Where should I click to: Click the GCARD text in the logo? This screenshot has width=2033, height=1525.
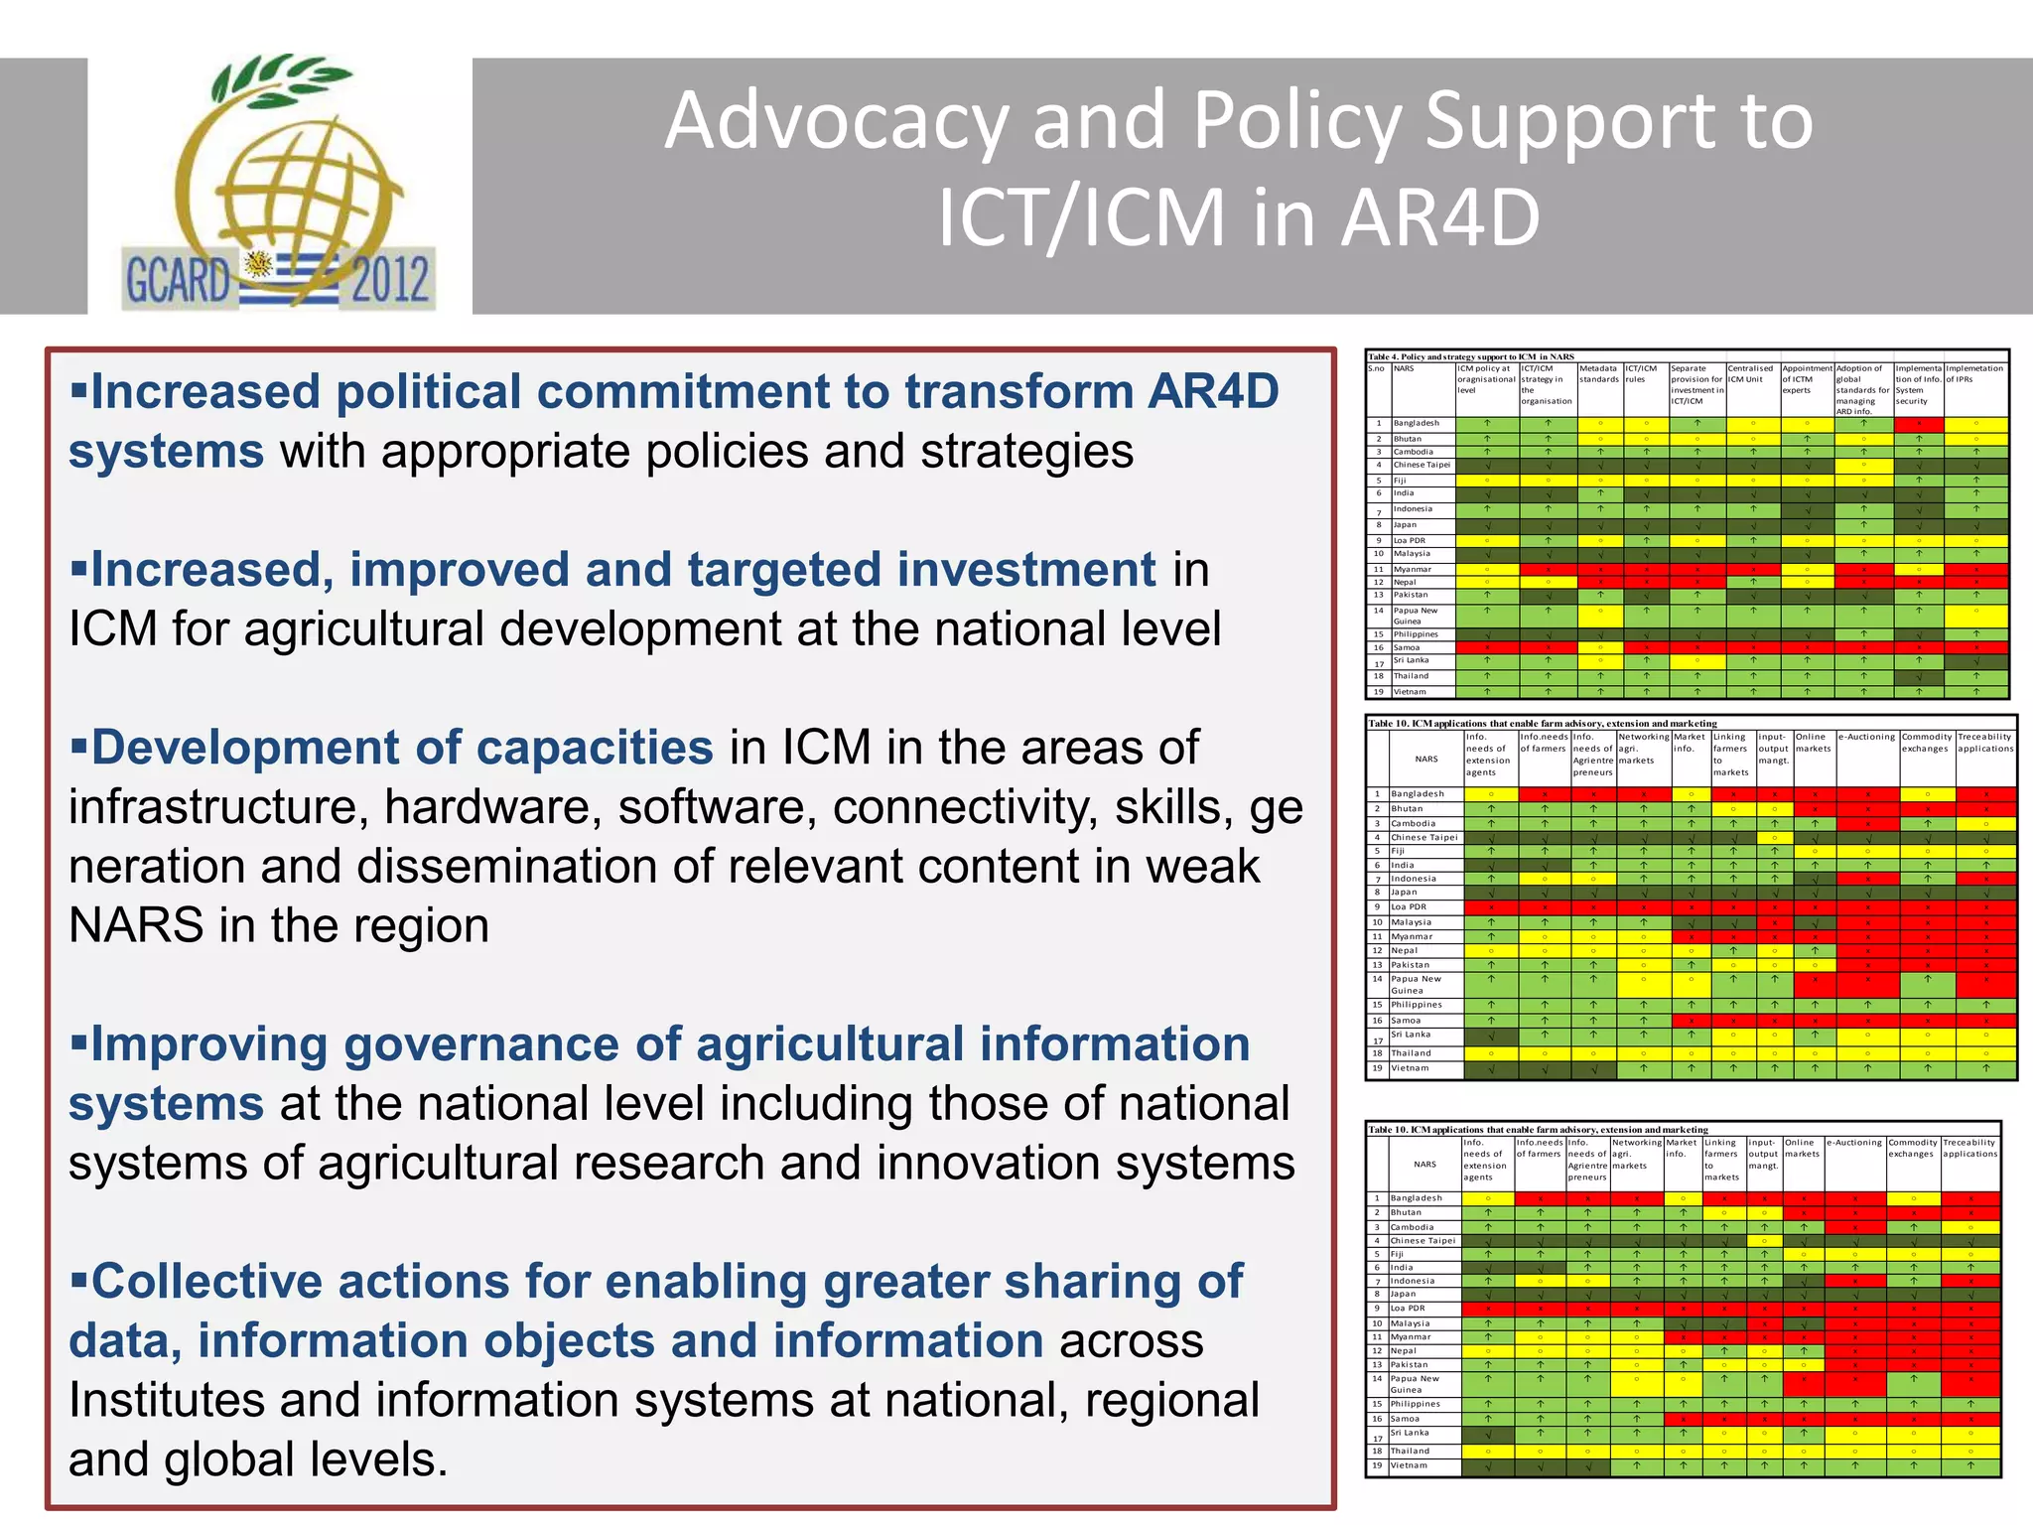coord(177,279)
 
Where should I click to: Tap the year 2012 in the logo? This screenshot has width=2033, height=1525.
coord(390,279)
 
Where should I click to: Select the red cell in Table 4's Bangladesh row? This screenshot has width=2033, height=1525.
coord(1919,424)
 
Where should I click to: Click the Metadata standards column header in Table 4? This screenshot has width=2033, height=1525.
coord(1599,373)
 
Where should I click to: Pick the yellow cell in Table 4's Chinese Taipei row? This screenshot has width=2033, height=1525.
coord(1863,465)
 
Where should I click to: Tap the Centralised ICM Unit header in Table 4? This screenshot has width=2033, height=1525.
coord(1750,373)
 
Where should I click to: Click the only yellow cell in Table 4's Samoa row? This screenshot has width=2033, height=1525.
coord(1600,647)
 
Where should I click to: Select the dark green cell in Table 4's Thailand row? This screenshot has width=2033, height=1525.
coord(1919,676)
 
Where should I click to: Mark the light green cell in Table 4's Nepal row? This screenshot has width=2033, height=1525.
coord(1753,582)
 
